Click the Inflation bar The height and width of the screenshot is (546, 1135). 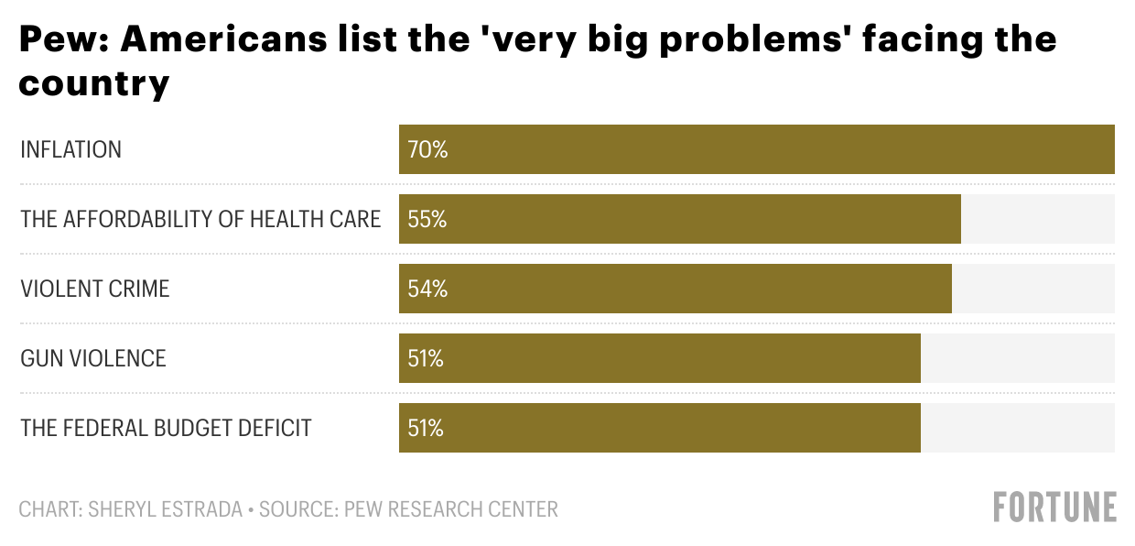[x=756, y=149]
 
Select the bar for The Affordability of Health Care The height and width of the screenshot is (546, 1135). [x=679, y=219]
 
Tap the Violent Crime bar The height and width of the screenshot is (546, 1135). [x=675, y=289]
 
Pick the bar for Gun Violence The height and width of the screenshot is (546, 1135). [x=659, y=358]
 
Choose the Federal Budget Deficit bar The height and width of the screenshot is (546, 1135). [x=659, y=428]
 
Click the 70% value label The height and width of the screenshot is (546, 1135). [x=427, y=149]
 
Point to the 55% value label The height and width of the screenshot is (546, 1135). [x=427, y=219]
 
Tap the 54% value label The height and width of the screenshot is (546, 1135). [x=427, y=289]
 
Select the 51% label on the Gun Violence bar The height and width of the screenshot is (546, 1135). [x=426, y=358]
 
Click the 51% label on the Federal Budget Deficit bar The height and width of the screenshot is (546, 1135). [x=426, y=428]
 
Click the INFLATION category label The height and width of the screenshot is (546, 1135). [x=70, y=149]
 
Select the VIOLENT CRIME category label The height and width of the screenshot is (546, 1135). [x=95, y=289]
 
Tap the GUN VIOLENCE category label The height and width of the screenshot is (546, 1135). [x=93, y=358]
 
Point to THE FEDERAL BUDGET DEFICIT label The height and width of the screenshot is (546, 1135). [x=166, y=428]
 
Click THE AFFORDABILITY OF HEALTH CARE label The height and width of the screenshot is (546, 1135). [x=200, y=219]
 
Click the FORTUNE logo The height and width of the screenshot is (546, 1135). [x=1055, y=507]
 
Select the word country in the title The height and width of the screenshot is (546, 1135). [x=94, y=83]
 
